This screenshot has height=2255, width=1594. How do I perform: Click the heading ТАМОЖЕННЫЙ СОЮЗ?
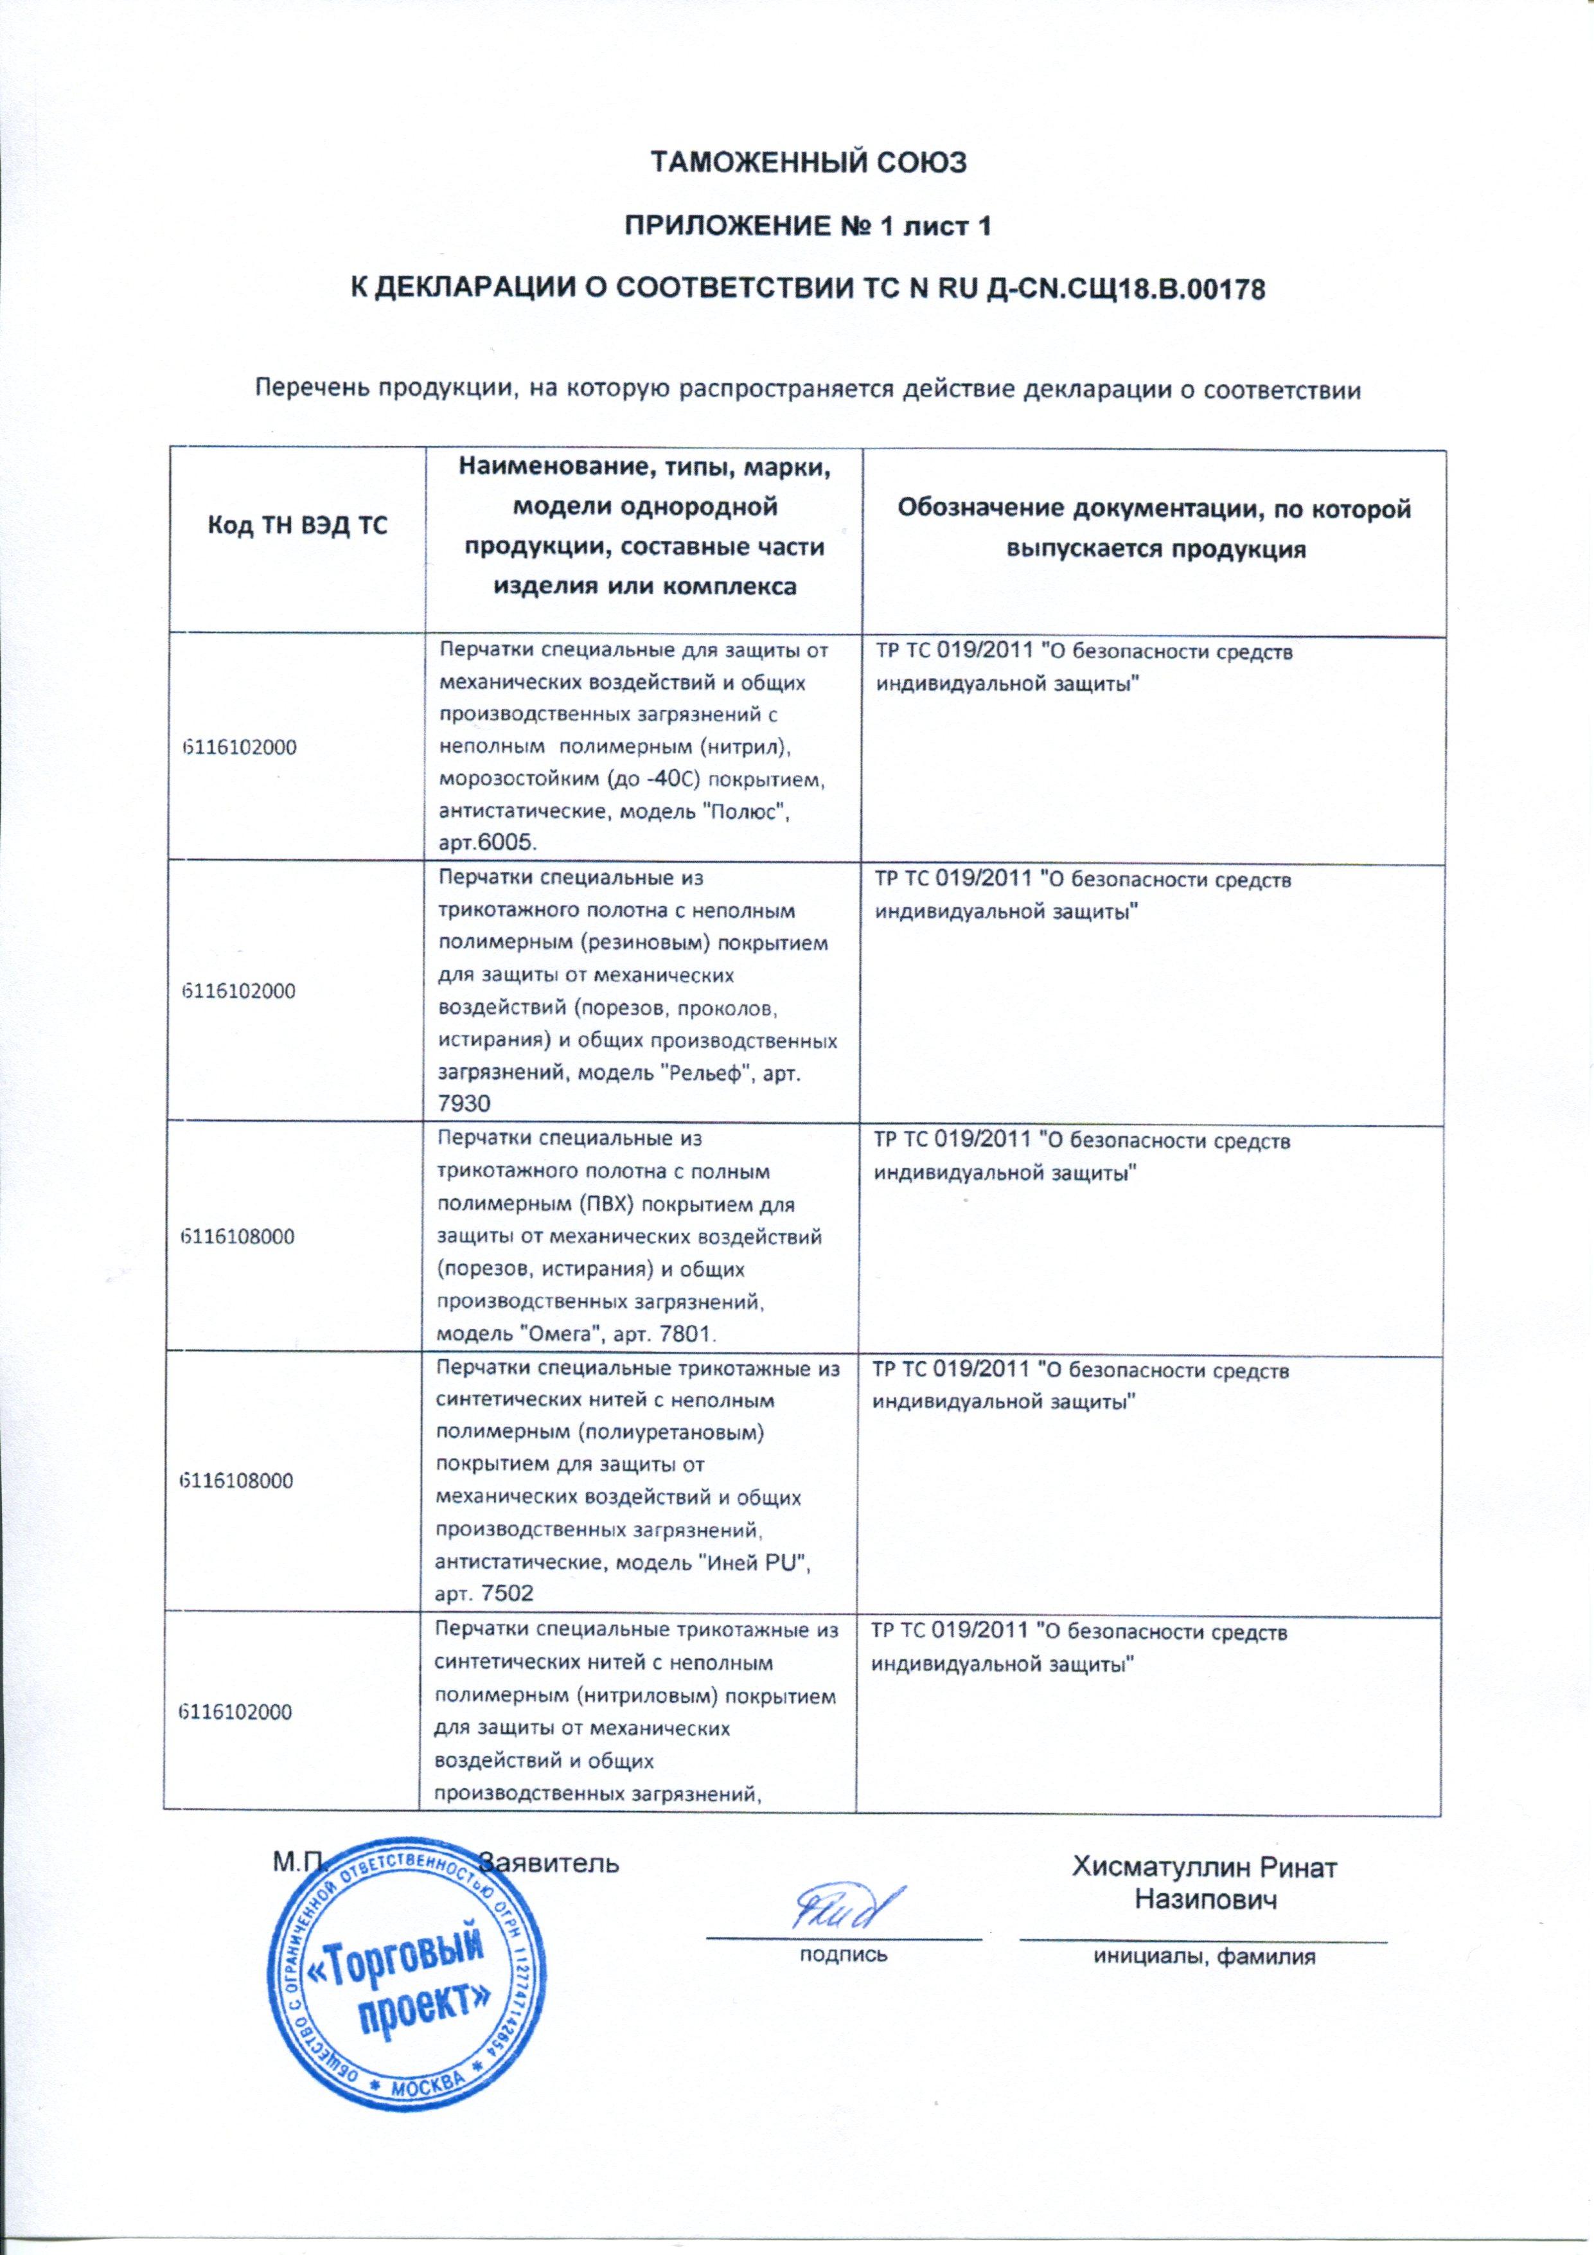(810, 162)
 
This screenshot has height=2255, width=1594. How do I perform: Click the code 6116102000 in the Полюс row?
(238, 747)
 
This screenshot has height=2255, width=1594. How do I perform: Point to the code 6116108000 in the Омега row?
(238, 1236)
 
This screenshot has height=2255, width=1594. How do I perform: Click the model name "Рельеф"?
(693, 1073)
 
